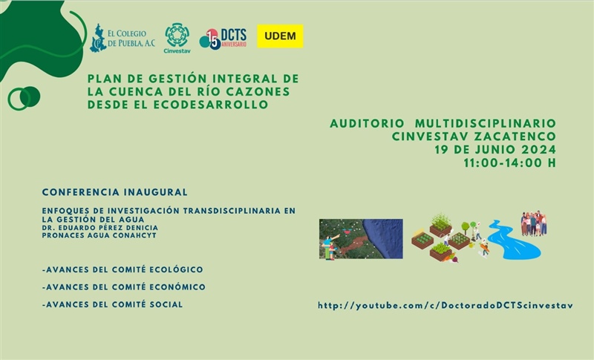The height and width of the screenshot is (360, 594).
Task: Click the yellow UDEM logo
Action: pos(281,36)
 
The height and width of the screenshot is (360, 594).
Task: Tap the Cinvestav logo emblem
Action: pos(177,35)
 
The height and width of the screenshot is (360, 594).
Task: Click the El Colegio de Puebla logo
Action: pos(123,39)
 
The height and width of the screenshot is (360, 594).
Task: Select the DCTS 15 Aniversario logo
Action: pos(223,39)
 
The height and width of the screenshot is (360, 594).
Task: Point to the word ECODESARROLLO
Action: pos(211,105)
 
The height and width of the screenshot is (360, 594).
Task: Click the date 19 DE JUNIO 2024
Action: pos(495,149)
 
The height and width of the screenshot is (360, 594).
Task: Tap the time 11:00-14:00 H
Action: pos(510,163)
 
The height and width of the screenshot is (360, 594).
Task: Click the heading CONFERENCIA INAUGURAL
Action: pos(115,192)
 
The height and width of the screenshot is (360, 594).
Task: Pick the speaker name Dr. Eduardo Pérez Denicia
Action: pos(100,228)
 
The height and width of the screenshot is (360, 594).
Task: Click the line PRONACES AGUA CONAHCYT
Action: pos(99,235)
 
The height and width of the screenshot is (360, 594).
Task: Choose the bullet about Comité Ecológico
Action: pos(123,269)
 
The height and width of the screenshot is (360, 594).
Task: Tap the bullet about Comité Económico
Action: pos(124,287)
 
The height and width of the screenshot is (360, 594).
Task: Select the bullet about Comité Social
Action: pos(113,304)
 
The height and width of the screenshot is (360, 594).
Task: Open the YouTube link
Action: pos(446,306)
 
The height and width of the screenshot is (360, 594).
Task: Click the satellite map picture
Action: pos(361,239)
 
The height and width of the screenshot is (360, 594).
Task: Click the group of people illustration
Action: pos(533,223)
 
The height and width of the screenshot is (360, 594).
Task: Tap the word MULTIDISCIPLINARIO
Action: pos(486,123)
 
